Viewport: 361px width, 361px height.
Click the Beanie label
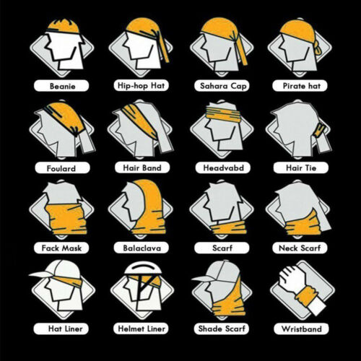61,86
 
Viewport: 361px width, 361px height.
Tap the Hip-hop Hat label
141,85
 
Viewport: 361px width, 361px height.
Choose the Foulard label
62,168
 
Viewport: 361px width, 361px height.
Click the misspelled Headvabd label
223,168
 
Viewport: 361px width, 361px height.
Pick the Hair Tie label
301,168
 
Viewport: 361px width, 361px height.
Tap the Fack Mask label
61,248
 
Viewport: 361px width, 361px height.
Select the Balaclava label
142,248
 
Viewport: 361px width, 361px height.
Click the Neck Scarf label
300,248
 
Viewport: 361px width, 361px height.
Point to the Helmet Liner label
141,329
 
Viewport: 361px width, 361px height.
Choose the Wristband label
301,329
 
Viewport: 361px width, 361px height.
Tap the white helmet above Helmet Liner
143,268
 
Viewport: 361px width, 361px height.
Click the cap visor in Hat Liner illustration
41,274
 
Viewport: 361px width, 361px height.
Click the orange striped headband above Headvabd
223,114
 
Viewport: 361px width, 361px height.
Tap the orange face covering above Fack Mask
66,219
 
